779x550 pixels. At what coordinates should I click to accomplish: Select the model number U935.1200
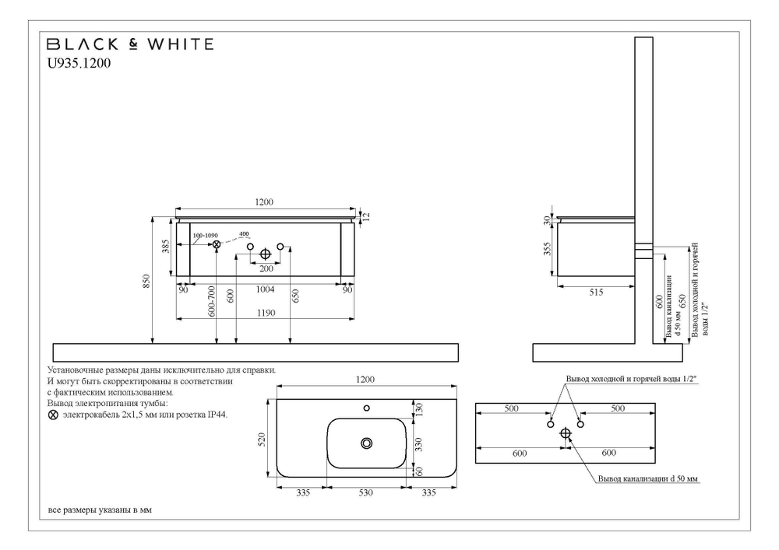pos(79,65)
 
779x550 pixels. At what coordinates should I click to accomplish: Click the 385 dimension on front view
pos(165,248)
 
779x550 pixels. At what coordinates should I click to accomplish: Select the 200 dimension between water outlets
pos(266,268)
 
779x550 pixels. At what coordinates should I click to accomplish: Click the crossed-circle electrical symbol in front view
pos(217,245)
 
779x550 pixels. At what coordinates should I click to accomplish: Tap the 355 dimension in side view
pos(548,250)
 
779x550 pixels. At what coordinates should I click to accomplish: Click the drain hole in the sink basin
pos(366,443)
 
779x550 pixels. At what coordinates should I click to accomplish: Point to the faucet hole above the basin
pos(366,407)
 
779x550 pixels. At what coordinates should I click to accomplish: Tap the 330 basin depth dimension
pos(418,443)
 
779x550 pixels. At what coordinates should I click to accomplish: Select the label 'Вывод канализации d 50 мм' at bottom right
pos(648,478)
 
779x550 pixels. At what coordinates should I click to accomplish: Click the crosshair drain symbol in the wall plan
pos(566,436)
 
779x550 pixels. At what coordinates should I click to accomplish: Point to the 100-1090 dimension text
pos(206,235)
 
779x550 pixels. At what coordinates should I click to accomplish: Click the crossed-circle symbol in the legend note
pos(53,416)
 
